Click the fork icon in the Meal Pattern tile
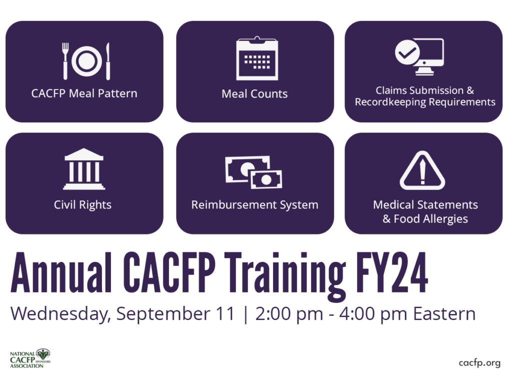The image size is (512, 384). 65,60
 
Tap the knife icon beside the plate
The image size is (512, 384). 108,61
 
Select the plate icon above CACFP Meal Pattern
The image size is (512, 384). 86,61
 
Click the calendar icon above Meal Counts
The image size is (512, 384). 257,58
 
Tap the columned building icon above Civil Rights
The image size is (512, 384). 84,168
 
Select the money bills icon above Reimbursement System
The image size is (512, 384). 254,172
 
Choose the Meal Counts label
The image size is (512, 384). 254,94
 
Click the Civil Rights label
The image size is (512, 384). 82,204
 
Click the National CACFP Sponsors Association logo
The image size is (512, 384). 30,358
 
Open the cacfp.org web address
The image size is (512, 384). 479,363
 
